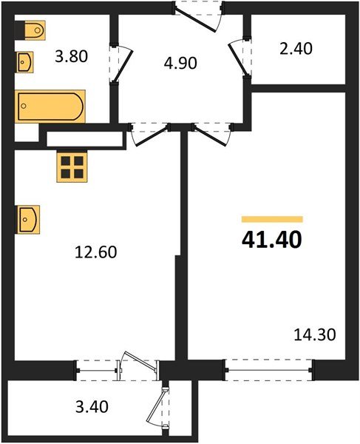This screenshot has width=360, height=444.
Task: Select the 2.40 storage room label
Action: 297,50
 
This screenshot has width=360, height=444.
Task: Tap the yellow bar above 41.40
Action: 272,219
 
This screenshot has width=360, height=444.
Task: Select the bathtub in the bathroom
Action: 50,106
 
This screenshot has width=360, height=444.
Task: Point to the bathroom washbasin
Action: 24,61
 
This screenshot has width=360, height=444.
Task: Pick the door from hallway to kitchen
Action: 149,134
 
